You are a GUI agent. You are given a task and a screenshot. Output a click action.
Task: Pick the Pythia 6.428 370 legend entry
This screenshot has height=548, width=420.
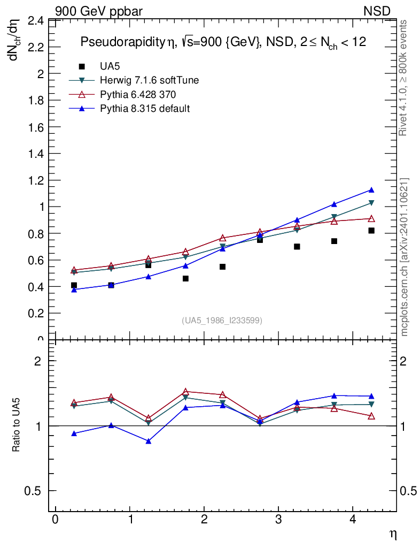138,95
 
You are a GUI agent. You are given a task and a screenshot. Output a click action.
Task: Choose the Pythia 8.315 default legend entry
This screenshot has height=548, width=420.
145,109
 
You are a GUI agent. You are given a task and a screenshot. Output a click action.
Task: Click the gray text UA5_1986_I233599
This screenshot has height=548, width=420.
222,321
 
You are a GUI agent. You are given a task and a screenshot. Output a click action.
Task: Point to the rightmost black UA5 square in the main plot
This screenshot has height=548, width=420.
371,231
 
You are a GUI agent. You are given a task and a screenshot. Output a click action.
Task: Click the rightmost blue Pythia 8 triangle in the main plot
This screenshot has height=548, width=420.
371,190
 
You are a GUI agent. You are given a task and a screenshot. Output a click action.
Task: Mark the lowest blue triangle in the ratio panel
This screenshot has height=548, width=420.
149,442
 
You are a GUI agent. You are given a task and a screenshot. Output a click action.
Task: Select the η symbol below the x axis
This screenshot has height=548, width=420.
393,534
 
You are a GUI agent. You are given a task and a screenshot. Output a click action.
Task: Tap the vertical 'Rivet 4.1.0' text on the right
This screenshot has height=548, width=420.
404,78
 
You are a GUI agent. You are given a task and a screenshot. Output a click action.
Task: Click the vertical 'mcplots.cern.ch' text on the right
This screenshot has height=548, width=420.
404,257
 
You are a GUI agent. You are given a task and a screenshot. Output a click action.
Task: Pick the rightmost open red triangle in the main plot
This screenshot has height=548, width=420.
371,218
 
